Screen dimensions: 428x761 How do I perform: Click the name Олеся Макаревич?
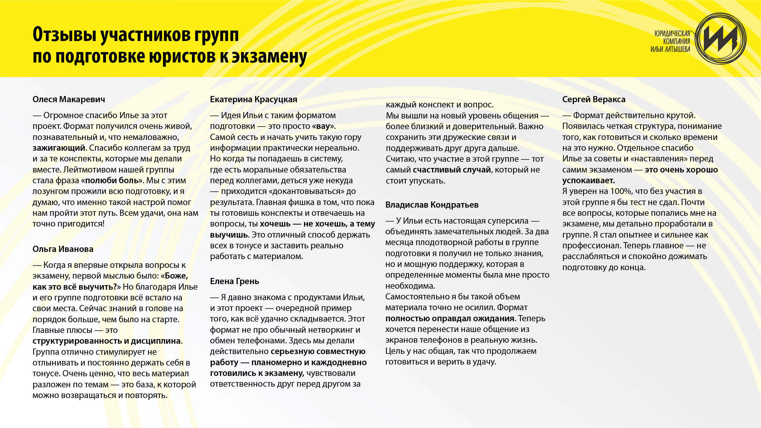pyautogui.click(x=69, y=99)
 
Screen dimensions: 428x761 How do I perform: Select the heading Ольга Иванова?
pyautogui.click(x=63, y=249)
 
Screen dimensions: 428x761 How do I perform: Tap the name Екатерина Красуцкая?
pyautogui.click(x=253, y=99)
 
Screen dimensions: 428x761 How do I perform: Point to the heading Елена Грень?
pyautogui.click(x=234, y=281)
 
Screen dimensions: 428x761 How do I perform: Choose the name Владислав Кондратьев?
pyautogui.click(x=432, y=205)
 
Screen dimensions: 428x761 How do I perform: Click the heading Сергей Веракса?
pyautogui.click(x=593, y=99)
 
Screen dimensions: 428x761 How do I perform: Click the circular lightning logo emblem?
pyautogui.click(x=720, y=39)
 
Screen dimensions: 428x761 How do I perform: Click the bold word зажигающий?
pyautogui.click(x=59, y=148)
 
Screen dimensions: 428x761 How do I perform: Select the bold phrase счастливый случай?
pyautogui.click(x=452, y=170)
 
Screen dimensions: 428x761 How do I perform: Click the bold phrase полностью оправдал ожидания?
pyautogui.click(x=450, y=318)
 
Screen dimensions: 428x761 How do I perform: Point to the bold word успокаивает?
pyautogui.click(x=588, y=180)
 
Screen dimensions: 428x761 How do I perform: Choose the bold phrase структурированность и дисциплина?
pyautogui.click(x=106, y=341)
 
